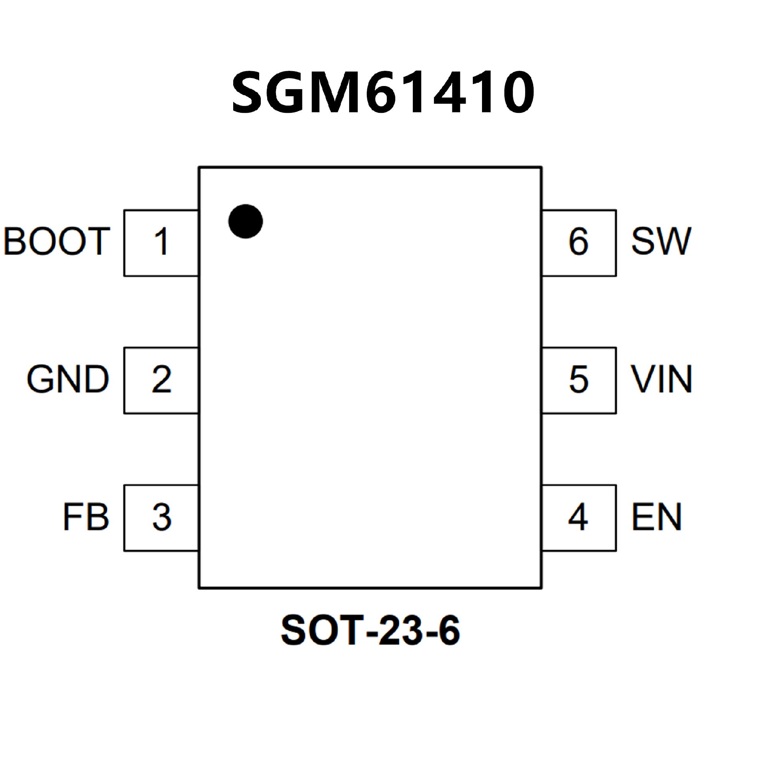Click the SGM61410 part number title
[x=383, y=92]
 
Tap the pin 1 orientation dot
[x=246, y=221]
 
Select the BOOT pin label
[x=57, y=241]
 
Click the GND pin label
[x=68, y=379]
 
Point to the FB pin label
[x=86, y=517]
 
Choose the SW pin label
[x=661, y=241]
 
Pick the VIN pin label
[x=661, y=379]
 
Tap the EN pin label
[x=656, y=517]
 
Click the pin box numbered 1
[x=161, y=243]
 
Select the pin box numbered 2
[x=161, y=380]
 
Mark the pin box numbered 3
[x=161, y=518]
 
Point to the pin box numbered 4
[x=579, y=518]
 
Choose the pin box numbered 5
[x=579, y=380]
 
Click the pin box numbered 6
[x=579, y=243]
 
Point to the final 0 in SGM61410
[x=516, y=93]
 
